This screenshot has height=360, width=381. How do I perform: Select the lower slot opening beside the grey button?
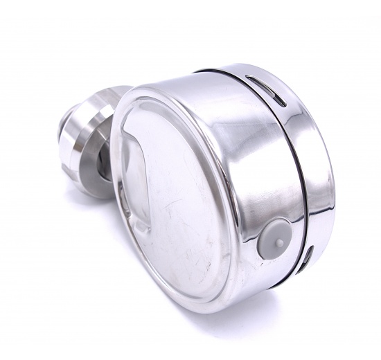(307, 255)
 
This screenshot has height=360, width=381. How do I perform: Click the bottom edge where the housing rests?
(208, 305)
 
